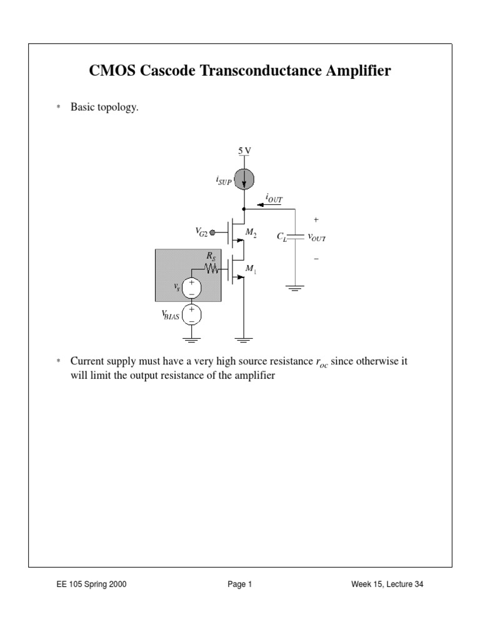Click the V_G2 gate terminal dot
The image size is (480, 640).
tap(212, 232)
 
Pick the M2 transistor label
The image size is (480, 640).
tap(251, 232)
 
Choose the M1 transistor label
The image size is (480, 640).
tap(251, 269)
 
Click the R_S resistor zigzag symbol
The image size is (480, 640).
tap(210, 269)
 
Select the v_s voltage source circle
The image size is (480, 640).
tap(191, 288)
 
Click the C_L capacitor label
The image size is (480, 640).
tap(281, 237)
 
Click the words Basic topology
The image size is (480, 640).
tap(104, 107)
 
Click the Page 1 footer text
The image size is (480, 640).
tap(239, 585)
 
